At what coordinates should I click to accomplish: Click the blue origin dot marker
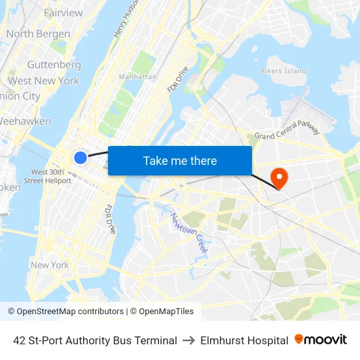click(x=80, y=157)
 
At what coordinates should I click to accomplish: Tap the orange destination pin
click(x=279, y=176)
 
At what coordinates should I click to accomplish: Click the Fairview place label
click(x=63, y=13)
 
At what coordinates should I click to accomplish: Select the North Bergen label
click(x=38, y=34)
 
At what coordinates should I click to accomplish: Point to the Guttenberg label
click(x=54, y=65)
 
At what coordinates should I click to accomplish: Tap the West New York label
click(x=43, y=81)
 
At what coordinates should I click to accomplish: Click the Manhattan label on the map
click(x=137, y=77)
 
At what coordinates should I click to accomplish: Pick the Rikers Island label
click(x=283, y=71)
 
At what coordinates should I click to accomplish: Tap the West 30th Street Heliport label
click(x=47, y=176)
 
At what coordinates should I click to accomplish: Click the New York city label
click(x=50, y=265)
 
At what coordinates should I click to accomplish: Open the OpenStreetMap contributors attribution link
click(x=65, y=312)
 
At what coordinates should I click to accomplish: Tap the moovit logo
click(x=321, y=340)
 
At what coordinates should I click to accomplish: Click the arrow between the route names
click(x=189, y=340)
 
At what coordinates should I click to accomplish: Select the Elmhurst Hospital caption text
click(x=244, y=340)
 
